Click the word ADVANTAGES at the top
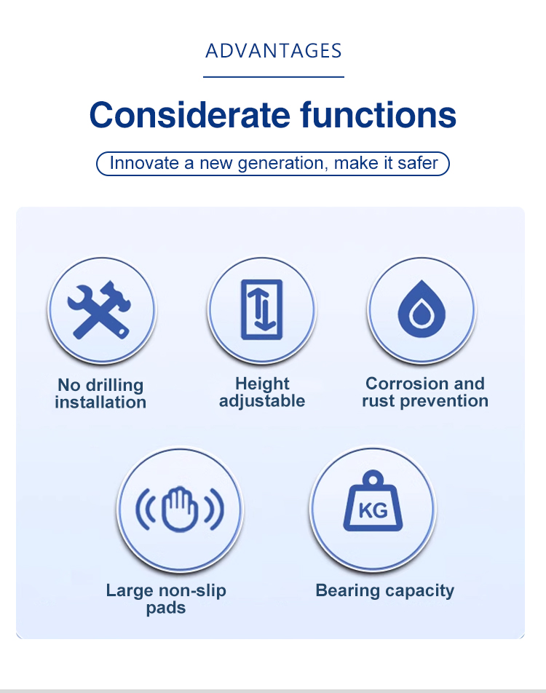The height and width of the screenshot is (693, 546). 273,51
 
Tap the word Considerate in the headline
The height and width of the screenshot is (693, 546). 191,115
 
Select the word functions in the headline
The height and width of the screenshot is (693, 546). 378,115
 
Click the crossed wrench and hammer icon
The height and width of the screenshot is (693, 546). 100,310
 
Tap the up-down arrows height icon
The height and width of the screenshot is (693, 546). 262,309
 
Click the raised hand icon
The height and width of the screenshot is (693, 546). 180,509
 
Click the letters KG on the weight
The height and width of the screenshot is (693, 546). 373,510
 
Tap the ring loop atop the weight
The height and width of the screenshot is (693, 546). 373,478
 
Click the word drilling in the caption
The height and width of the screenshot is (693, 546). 114,385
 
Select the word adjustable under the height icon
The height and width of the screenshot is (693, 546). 262,401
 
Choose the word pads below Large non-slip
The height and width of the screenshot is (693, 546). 166,608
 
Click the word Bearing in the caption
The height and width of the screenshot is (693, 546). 347,591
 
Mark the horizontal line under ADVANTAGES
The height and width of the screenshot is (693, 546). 274,77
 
